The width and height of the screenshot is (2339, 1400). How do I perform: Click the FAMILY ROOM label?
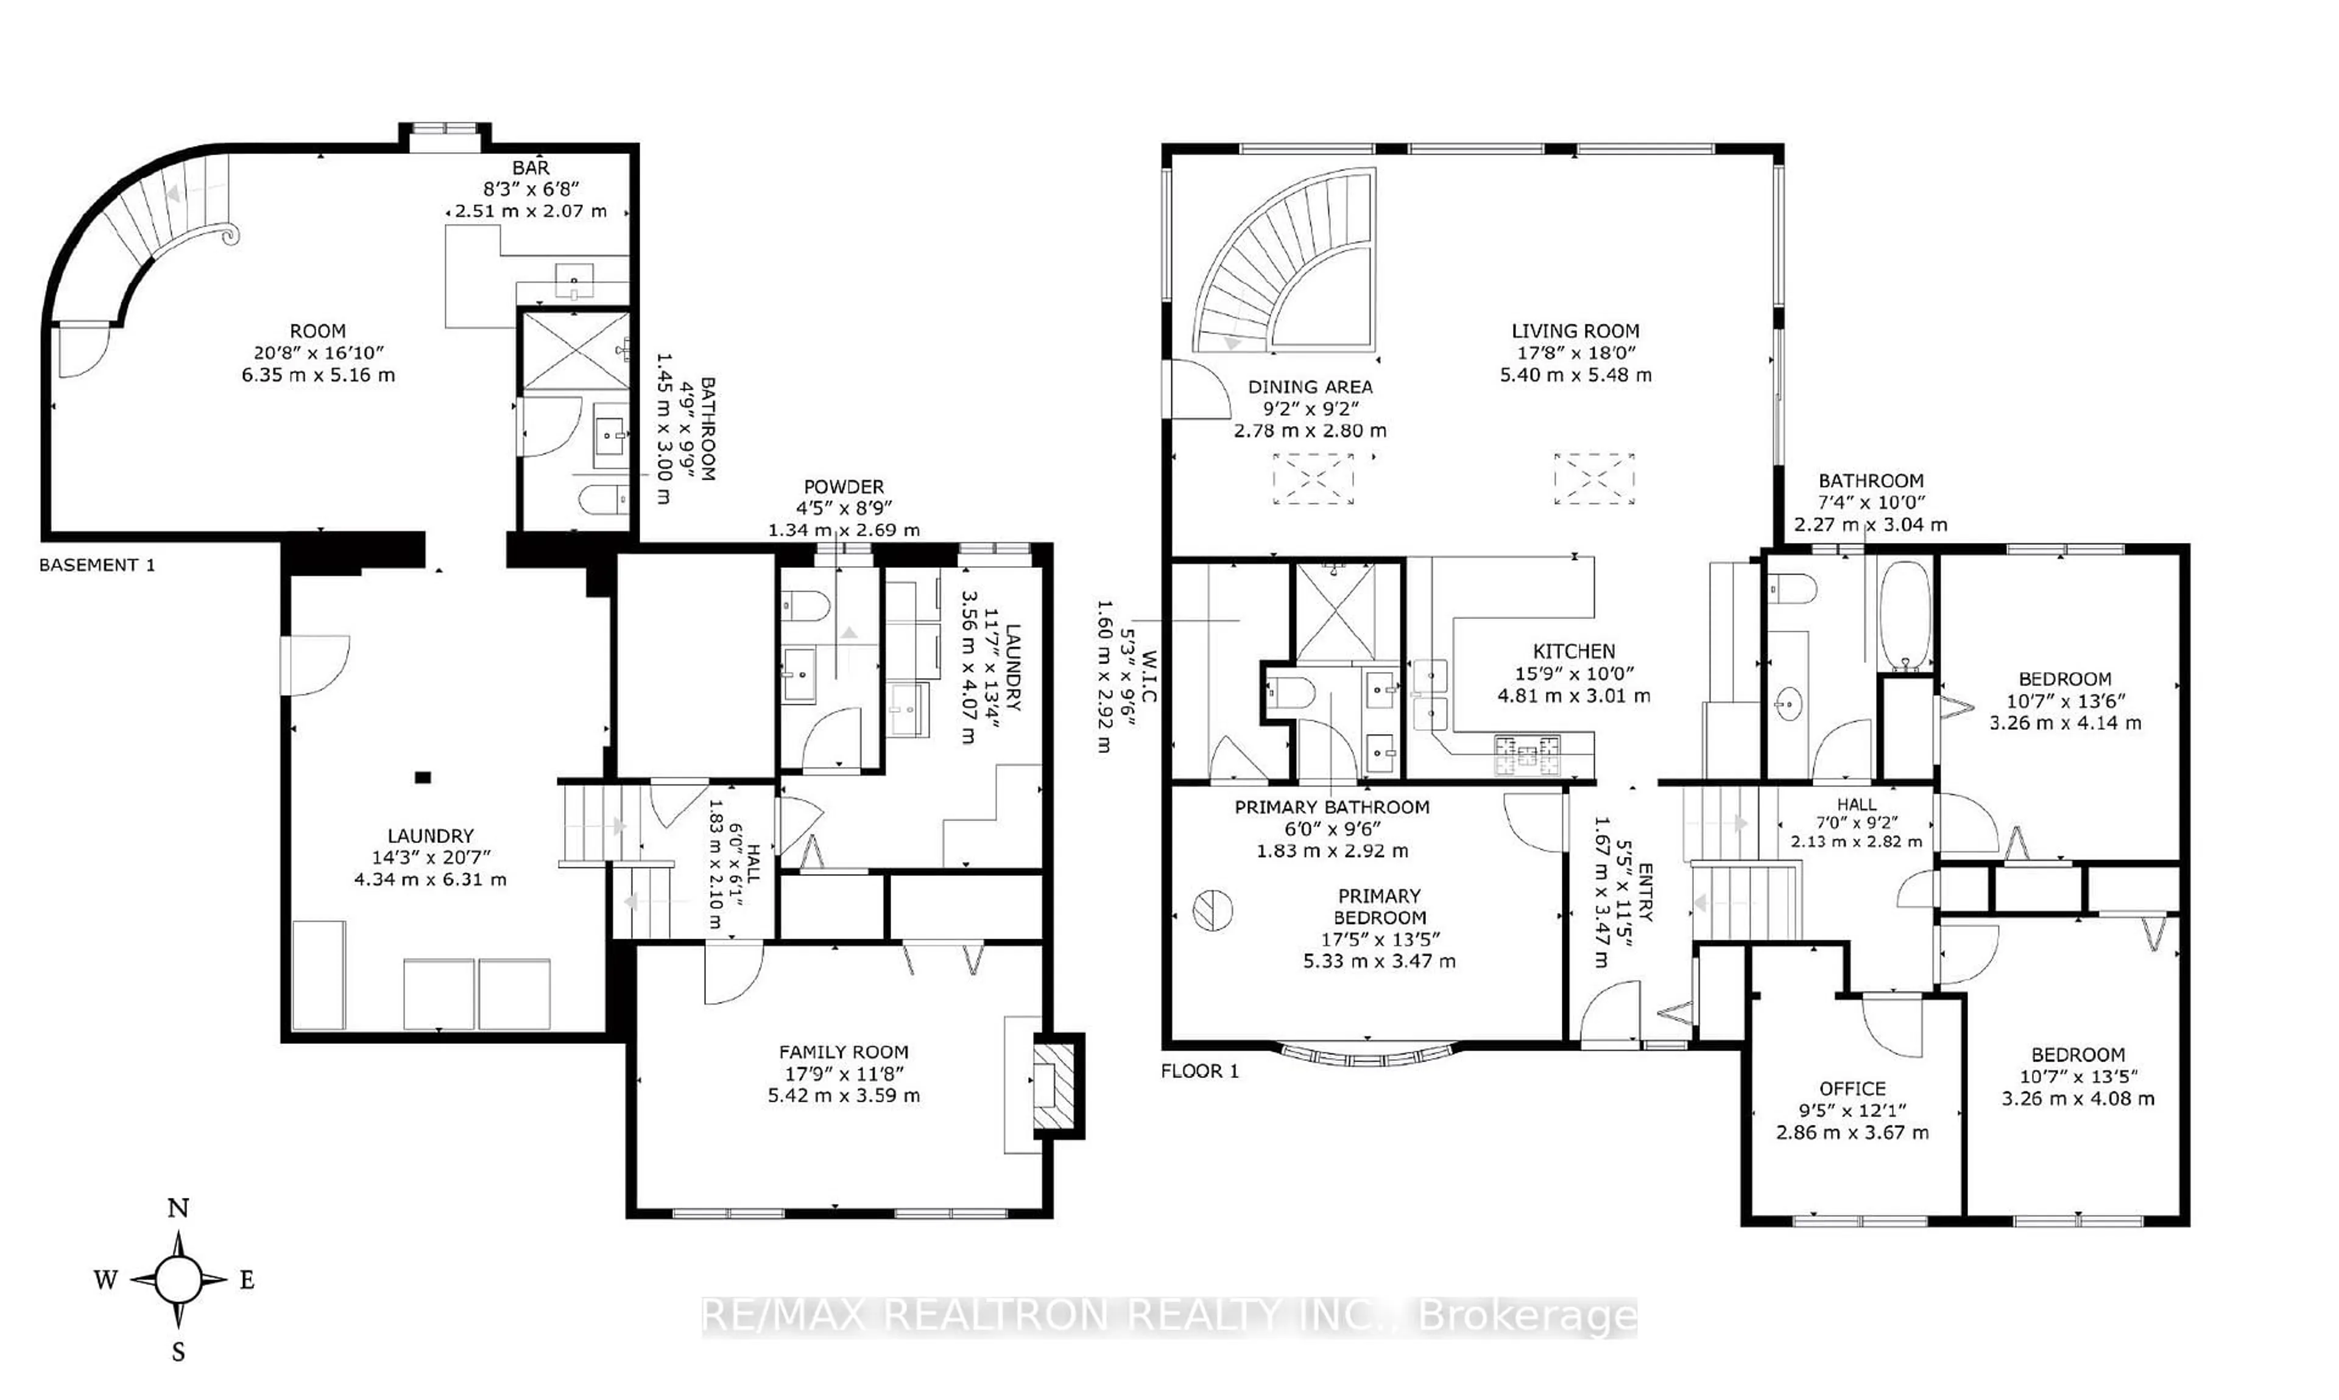[x=843, y=1051]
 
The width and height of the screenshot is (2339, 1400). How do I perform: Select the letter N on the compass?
[x=178, y=1208]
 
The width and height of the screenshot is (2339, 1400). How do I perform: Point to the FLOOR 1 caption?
[x=1199, y=1071]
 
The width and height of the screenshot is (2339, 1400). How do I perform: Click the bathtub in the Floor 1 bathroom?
[x=1905, y=615]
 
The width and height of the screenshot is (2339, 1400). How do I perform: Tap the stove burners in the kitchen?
[x=1526, y=755]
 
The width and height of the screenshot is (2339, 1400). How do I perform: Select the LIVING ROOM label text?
[x=1575, y=331]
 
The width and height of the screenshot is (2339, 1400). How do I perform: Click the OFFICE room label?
[x=1852, y=1089]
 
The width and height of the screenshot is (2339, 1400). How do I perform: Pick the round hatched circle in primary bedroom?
[x=1212, y=911]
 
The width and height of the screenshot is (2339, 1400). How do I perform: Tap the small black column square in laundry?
[x=423, y=777]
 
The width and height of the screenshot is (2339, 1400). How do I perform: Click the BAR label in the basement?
[x=531, y=168]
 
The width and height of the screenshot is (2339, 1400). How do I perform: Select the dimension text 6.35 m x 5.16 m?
[x=318, y=374]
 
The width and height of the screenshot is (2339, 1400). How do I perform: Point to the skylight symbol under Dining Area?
[x=1313, y=478]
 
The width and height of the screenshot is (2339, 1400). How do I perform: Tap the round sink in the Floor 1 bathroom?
[x=1788, y=704]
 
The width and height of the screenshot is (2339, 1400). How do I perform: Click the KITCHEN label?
[x=1573, y=651]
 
